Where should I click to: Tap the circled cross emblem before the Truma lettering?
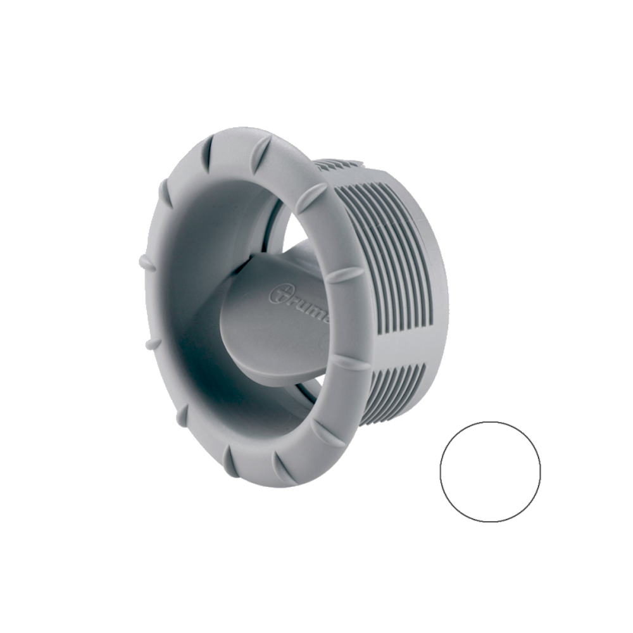click(279, 294)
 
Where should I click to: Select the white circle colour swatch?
click(491, 472)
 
